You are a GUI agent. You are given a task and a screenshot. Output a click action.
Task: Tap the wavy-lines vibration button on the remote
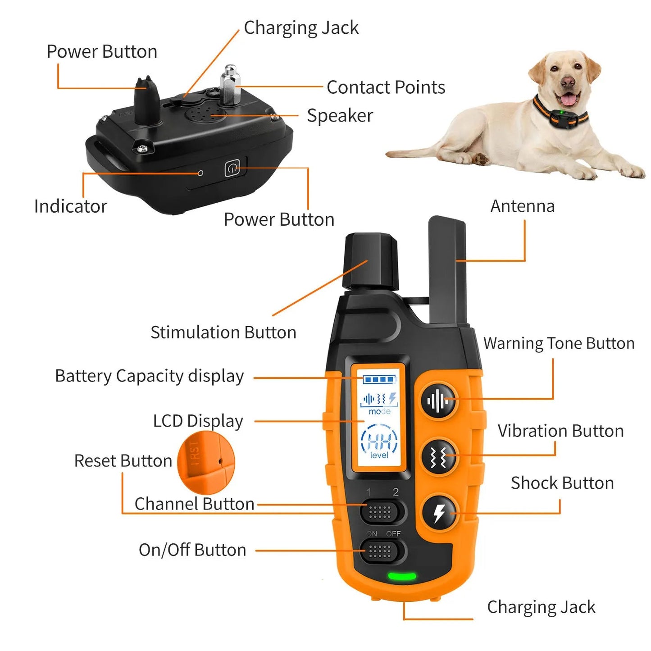[438, 456]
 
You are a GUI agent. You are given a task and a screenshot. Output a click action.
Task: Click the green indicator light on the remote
[402, 576]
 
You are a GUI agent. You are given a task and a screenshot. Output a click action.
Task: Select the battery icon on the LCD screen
[379, 379]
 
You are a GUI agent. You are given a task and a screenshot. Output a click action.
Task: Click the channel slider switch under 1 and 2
[380, 512]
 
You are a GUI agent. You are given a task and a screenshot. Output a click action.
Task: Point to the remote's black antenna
[447, 270]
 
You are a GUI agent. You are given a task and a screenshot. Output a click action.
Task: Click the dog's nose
[568, 82]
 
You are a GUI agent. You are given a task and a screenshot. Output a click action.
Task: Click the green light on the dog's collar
[562, 112]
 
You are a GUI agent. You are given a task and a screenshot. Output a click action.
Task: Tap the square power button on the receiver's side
[232, 169]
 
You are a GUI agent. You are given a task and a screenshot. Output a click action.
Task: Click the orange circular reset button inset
[206, 462]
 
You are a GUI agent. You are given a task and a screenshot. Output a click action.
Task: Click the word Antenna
[522, 206]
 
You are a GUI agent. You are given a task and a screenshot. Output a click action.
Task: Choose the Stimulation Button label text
[223, 332]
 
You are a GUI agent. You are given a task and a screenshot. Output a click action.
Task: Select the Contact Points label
[386, 87]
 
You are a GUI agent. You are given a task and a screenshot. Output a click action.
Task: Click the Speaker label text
[340, 116]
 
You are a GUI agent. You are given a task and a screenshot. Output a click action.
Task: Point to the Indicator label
[71, 206]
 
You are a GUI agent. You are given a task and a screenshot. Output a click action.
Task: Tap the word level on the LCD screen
[379, 455]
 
